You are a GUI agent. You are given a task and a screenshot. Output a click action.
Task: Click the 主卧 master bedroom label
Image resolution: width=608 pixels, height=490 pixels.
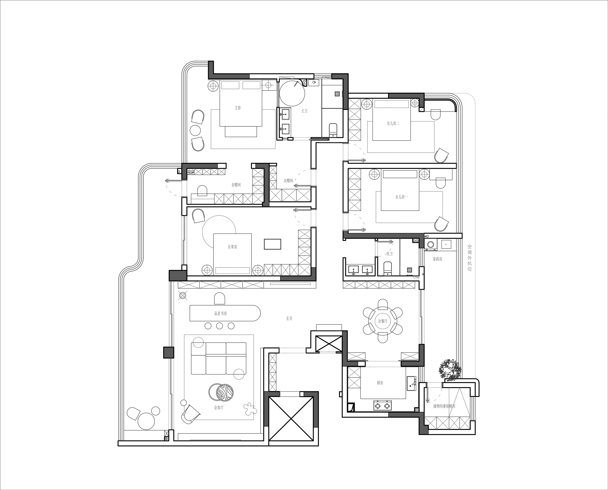[x=238, y=108]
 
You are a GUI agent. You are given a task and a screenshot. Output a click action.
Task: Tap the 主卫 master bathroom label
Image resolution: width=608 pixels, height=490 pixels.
[x=304, y=111]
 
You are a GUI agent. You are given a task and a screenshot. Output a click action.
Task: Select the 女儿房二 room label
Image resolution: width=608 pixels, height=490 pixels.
[x=393, y=123]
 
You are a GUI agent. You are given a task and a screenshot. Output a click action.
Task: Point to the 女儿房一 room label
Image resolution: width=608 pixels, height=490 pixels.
[x=401, y=197]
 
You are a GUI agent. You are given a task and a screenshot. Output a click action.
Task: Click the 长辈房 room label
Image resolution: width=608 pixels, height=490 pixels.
[x=233, y=247]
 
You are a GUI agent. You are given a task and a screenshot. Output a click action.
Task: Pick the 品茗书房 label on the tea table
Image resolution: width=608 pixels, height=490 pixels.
[x=221, y=313]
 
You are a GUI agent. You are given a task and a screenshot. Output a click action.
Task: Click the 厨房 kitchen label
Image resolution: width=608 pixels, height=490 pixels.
[x=380, y=383]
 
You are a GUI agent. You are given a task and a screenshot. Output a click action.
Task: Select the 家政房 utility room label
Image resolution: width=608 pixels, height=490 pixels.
[x=438, y=259]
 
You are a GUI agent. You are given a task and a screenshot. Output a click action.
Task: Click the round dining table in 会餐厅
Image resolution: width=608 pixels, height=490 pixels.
[x=383, y=321]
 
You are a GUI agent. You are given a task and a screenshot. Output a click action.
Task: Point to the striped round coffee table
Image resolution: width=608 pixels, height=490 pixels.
[x=225, y=392]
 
